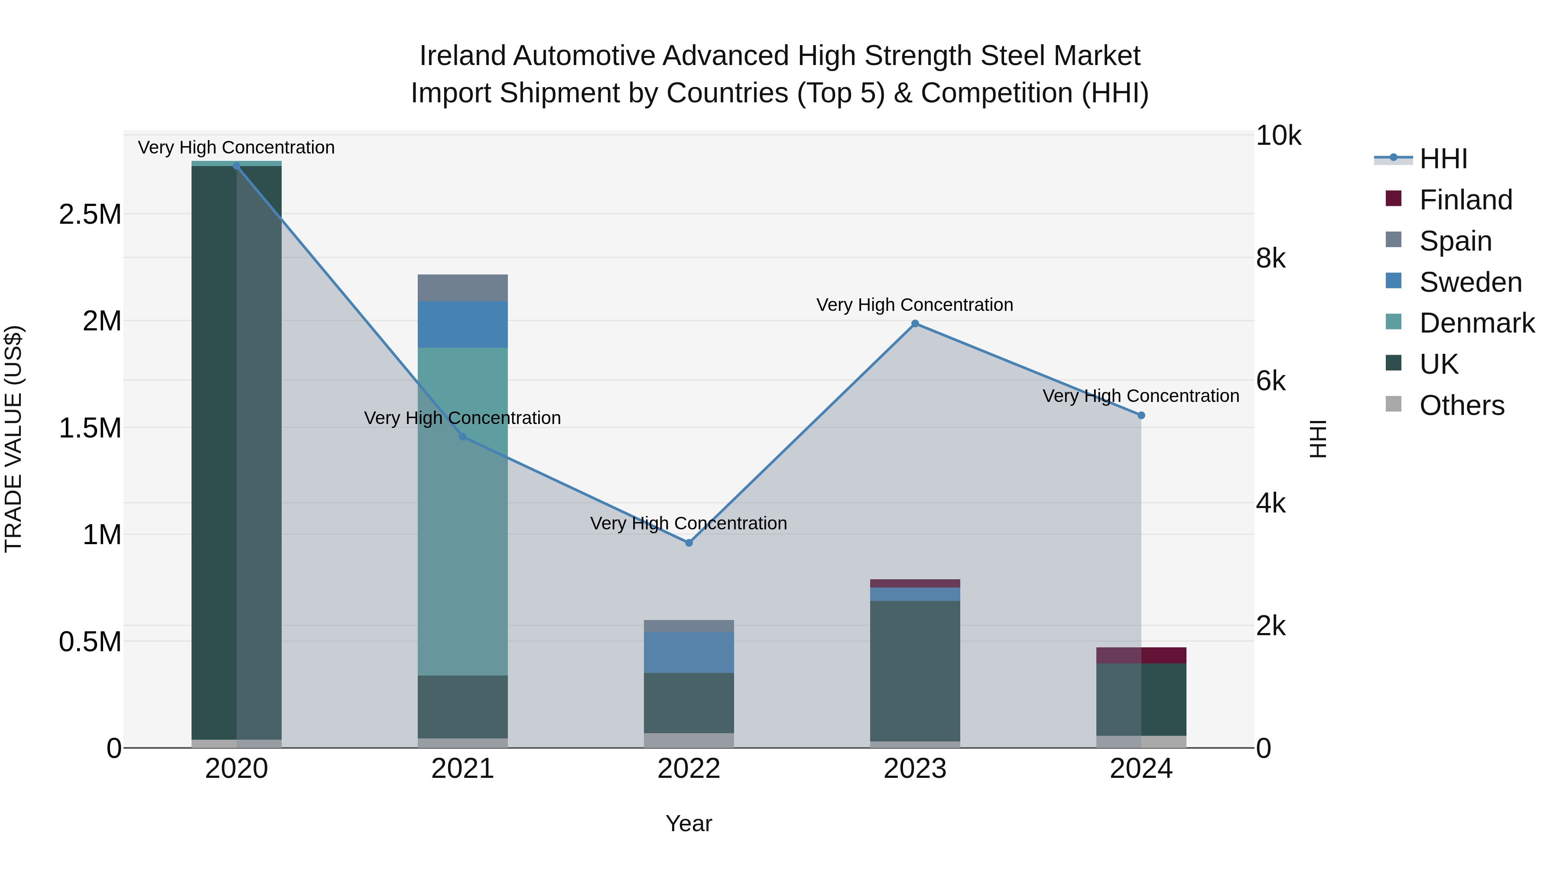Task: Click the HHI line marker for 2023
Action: point(915,323)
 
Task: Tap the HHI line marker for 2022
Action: point(689,543)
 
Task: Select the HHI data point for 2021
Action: point(463,436)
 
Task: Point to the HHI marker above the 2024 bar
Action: point(1141,416)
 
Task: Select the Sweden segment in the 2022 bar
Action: point(689,653)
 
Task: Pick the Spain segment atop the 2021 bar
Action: point(463,288)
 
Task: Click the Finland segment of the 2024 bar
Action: point(1141,655)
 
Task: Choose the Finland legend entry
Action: point(1465,200)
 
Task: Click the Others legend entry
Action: point(1461,405)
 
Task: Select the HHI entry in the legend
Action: point(1443,159)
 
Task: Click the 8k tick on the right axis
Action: point(1271,259)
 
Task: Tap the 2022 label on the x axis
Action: point(689,769)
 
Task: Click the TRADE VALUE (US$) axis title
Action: point(13,439)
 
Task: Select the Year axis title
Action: point(689,823)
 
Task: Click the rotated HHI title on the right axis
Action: point(1318,439)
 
